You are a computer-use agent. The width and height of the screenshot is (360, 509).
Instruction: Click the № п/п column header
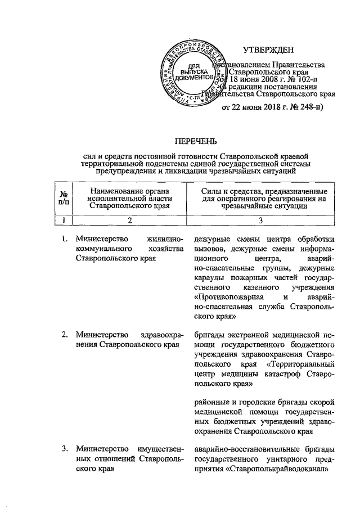tap(64, 199)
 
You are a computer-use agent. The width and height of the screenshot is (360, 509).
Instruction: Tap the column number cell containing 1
tap(64, 221)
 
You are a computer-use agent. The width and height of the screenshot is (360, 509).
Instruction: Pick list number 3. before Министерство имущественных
tap(65, 448)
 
